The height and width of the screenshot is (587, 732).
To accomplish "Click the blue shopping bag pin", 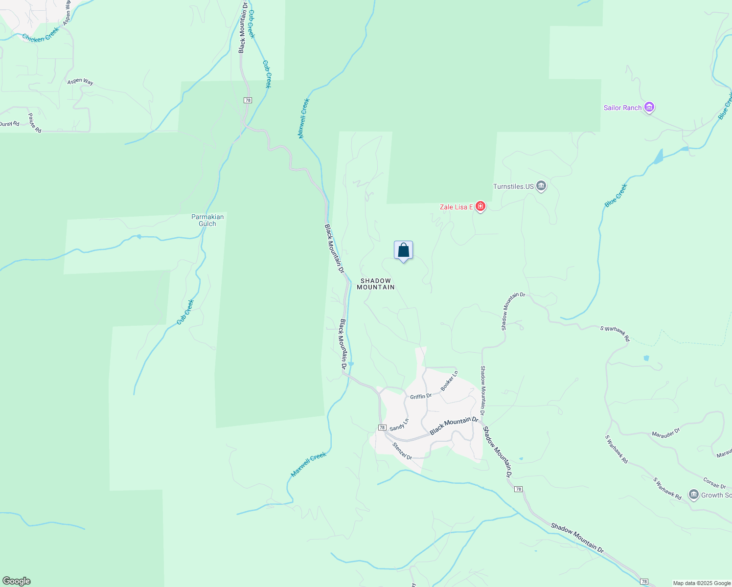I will [403, 250].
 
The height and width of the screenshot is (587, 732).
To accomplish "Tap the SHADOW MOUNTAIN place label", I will [375, 284].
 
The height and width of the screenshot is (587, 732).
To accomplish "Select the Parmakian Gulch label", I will [207, 220].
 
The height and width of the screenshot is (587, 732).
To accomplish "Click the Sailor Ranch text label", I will [622, 108].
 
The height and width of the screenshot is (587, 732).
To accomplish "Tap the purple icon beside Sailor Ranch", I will [649, 107].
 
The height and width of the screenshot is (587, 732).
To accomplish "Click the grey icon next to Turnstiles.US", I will [541, 186].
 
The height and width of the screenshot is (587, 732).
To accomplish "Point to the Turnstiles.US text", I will [513, 186].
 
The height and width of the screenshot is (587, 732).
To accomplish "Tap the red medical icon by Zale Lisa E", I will [480, 207].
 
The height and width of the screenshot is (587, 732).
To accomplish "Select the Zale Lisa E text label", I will [456, 207].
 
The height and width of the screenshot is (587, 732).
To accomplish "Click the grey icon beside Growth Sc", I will [693, 495].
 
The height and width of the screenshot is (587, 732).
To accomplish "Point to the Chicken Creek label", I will [41, 34].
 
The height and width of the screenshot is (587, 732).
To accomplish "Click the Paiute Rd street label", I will [34, 123].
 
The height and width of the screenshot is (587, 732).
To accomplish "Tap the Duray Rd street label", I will [9, 124].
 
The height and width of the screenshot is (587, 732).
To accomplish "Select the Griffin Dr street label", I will [421, 396].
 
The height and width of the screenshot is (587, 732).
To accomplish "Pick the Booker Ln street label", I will [449, 381].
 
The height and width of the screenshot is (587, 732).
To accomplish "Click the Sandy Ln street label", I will [399, 425].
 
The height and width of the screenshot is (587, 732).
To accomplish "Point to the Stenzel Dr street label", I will [402, 451].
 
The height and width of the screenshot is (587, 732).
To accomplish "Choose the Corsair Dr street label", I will [714, 483].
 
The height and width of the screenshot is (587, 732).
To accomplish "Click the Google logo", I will [16, 581].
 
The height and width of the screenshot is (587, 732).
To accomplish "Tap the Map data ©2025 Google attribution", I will [701, 583].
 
